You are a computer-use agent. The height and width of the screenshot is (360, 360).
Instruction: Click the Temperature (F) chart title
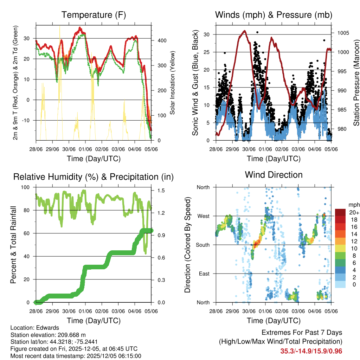tap(94, 15)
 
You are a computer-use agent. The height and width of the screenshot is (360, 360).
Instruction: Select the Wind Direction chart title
tap(274, 175)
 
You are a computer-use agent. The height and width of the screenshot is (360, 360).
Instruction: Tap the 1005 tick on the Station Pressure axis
tap(342, 33)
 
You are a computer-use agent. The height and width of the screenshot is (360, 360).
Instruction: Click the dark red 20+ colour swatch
tap(340, 213)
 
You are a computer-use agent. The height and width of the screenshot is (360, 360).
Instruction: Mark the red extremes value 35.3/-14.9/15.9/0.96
tap(311, 351)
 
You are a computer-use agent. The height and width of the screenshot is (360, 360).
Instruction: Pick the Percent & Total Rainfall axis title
tap(13, 245)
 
